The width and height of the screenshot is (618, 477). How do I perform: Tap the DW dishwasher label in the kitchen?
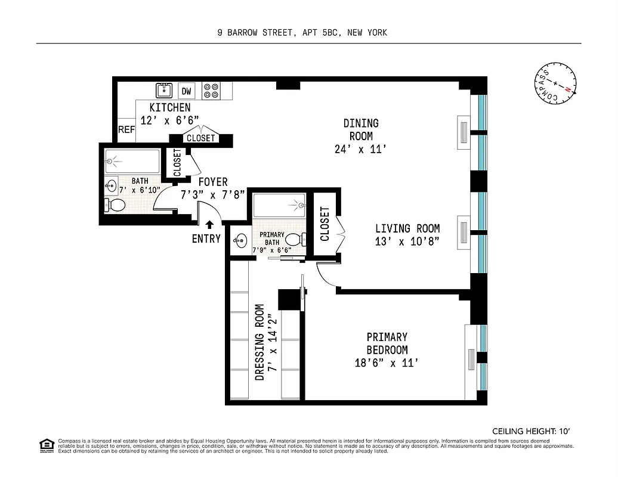186,91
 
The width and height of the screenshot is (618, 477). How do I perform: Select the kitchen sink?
164,91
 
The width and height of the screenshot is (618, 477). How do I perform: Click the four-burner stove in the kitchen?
211,91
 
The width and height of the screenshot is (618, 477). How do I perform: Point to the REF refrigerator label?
126,129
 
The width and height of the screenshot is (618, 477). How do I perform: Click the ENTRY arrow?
209,225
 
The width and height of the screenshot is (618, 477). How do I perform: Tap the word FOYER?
213,182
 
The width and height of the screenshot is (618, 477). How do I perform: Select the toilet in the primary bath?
293,239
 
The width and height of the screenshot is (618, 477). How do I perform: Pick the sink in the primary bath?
240,241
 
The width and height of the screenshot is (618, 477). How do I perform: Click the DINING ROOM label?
361,129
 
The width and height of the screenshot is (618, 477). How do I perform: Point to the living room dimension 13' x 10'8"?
407,241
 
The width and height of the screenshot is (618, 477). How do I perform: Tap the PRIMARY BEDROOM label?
387,343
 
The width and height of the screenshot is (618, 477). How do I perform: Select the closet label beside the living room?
325,224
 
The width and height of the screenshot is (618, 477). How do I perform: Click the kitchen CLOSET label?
200,138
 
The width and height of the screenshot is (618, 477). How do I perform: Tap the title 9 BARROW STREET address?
302,33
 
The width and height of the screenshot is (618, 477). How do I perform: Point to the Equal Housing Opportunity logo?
45,445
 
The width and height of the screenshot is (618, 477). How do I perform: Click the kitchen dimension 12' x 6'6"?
165,120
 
